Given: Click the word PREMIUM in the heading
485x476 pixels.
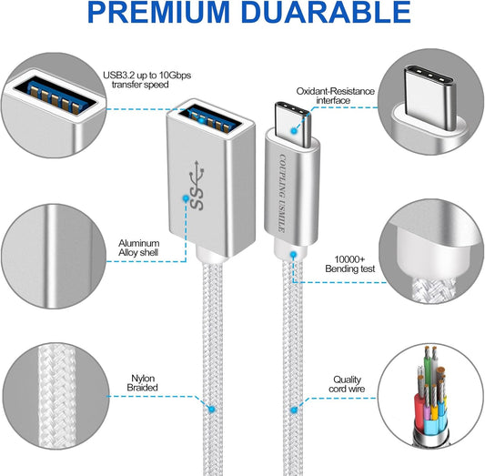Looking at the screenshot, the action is coord(158,13).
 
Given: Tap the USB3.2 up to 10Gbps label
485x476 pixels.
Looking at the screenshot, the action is coord(147,80).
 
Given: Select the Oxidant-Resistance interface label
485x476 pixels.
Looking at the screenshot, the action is coord(335,96).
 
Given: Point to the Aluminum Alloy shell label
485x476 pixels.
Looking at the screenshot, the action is coord(139,248).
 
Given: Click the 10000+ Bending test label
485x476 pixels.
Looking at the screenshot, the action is coord(349,264).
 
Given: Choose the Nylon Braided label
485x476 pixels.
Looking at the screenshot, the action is coord(142,382).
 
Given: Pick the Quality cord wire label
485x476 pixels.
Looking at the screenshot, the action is coord(347,384).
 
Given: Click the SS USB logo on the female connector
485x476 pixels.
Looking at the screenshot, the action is coord(197,185).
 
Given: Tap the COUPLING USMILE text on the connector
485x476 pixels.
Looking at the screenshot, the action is coord(282,193).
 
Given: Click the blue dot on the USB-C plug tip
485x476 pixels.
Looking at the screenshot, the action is coord(294,130).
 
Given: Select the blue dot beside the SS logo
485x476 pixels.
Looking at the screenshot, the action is coord(186,197).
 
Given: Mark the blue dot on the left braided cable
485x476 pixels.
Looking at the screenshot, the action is coord(212,410).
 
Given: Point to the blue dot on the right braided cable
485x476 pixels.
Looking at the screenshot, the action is coord(294,410).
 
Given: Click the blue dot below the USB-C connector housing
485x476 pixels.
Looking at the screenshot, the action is coord(293,255).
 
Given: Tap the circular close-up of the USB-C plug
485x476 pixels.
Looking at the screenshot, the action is coord(430,101).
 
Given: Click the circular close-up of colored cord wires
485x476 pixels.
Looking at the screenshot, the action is coord(430,396).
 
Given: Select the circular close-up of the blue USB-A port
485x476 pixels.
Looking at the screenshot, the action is coord(54,106).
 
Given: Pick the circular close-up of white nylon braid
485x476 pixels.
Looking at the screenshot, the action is coord(56,396).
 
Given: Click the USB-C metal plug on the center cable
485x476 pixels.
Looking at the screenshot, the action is coord(292,124).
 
